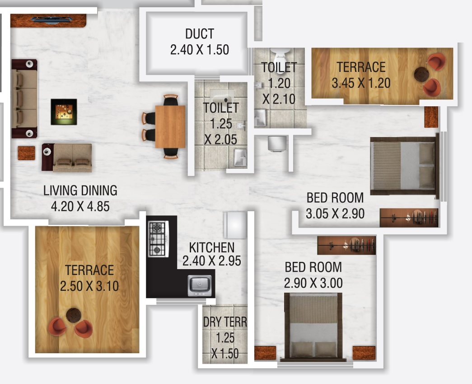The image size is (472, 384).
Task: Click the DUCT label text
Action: point(200,34)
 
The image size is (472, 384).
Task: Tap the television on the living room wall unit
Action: point(52,20)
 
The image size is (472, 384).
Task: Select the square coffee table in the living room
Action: point(64,112)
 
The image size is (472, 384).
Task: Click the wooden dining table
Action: point(170,127)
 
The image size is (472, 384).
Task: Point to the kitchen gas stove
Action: point(159,239)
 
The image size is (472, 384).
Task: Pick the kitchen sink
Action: point(200,285)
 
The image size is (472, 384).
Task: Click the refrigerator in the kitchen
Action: point(235,225)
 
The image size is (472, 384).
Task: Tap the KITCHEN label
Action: point(212,248)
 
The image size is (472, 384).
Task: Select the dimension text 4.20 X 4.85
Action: point(80,207)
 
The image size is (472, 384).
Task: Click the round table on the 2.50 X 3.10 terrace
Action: point(74,315)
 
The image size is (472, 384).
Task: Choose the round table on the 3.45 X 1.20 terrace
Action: point(421,74)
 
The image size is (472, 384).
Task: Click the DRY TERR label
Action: point(225,322)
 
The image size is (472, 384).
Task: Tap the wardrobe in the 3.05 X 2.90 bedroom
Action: point(409,217)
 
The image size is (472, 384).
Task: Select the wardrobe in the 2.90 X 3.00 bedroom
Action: point(346,245)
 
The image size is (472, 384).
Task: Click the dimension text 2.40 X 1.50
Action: point(200,50)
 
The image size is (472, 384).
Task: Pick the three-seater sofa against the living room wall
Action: point(24,99)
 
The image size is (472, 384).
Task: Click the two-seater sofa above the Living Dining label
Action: point(67,158)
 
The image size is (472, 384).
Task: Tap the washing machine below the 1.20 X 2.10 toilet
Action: point(277,143)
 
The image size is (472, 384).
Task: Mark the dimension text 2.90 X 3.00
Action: point(313,283)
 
